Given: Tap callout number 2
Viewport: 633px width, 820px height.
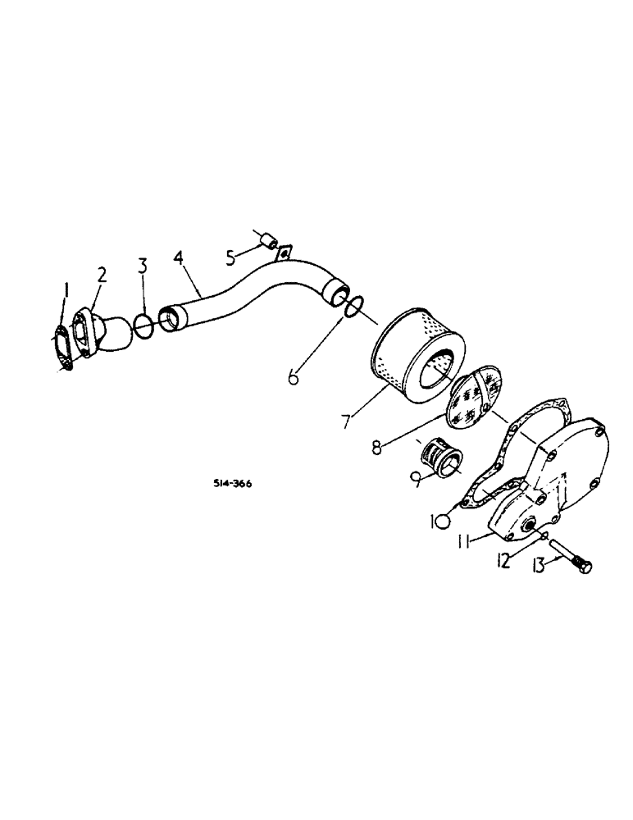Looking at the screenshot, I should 102,275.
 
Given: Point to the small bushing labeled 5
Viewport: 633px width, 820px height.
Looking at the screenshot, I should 266,241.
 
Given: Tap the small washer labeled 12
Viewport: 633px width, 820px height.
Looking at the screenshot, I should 545,536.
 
